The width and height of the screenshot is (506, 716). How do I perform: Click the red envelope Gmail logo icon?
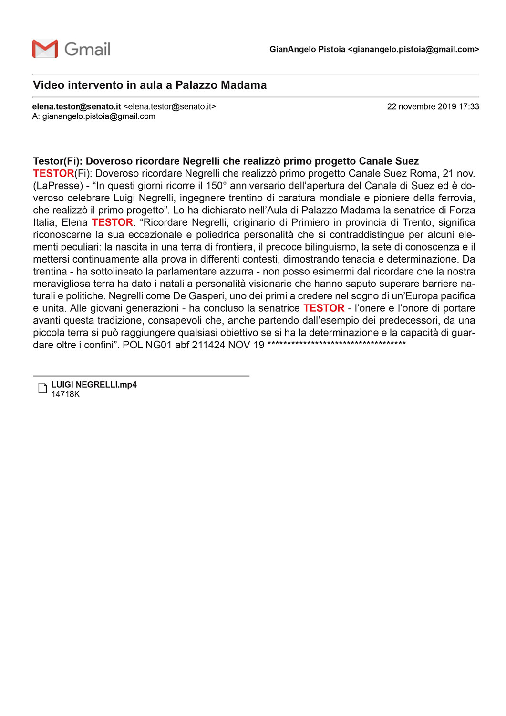pos(45,49)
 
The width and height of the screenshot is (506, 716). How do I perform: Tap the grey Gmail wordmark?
pos(87,49)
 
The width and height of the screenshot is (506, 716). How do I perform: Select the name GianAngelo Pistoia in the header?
pos(307,49)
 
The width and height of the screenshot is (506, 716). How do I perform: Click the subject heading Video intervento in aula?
pos(150,85)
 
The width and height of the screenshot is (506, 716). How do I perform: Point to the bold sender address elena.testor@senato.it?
pos(77,106)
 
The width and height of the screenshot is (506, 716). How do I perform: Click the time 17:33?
pos(469,106)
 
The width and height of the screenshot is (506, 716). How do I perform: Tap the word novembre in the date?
pos(422,106)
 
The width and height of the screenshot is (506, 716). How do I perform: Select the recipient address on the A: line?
pos(99,116)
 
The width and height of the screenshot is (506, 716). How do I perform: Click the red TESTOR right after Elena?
pos(112,222)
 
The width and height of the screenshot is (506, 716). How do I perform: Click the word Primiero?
pos(311,222)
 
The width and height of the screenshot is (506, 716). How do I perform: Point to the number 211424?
pos(208,345)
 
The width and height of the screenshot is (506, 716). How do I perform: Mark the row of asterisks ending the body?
pos(336,344)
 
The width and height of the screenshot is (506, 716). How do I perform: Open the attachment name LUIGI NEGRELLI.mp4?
pos(94,385)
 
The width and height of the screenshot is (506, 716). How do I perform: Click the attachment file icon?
pos(42,388)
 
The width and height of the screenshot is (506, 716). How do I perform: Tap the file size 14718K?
pos(65,394)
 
